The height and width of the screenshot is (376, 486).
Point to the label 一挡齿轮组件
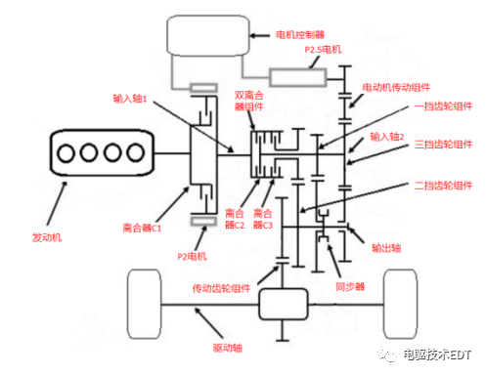(427, 104)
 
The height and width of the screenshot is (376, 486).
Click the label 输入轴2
(388, 138)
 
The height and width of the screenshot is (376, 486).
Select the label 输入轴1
(134, 99)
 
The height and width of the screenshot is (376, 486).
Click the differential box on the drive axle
(284, 307)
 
